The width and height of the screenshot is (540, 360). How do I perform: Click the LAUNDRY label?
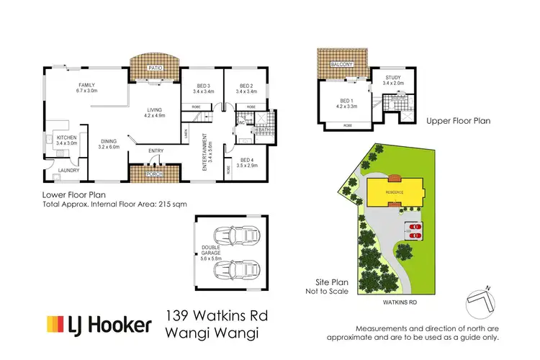(69, 171)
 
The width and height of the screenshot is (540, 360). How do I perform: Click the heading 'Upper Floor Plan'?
(458, 121)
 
